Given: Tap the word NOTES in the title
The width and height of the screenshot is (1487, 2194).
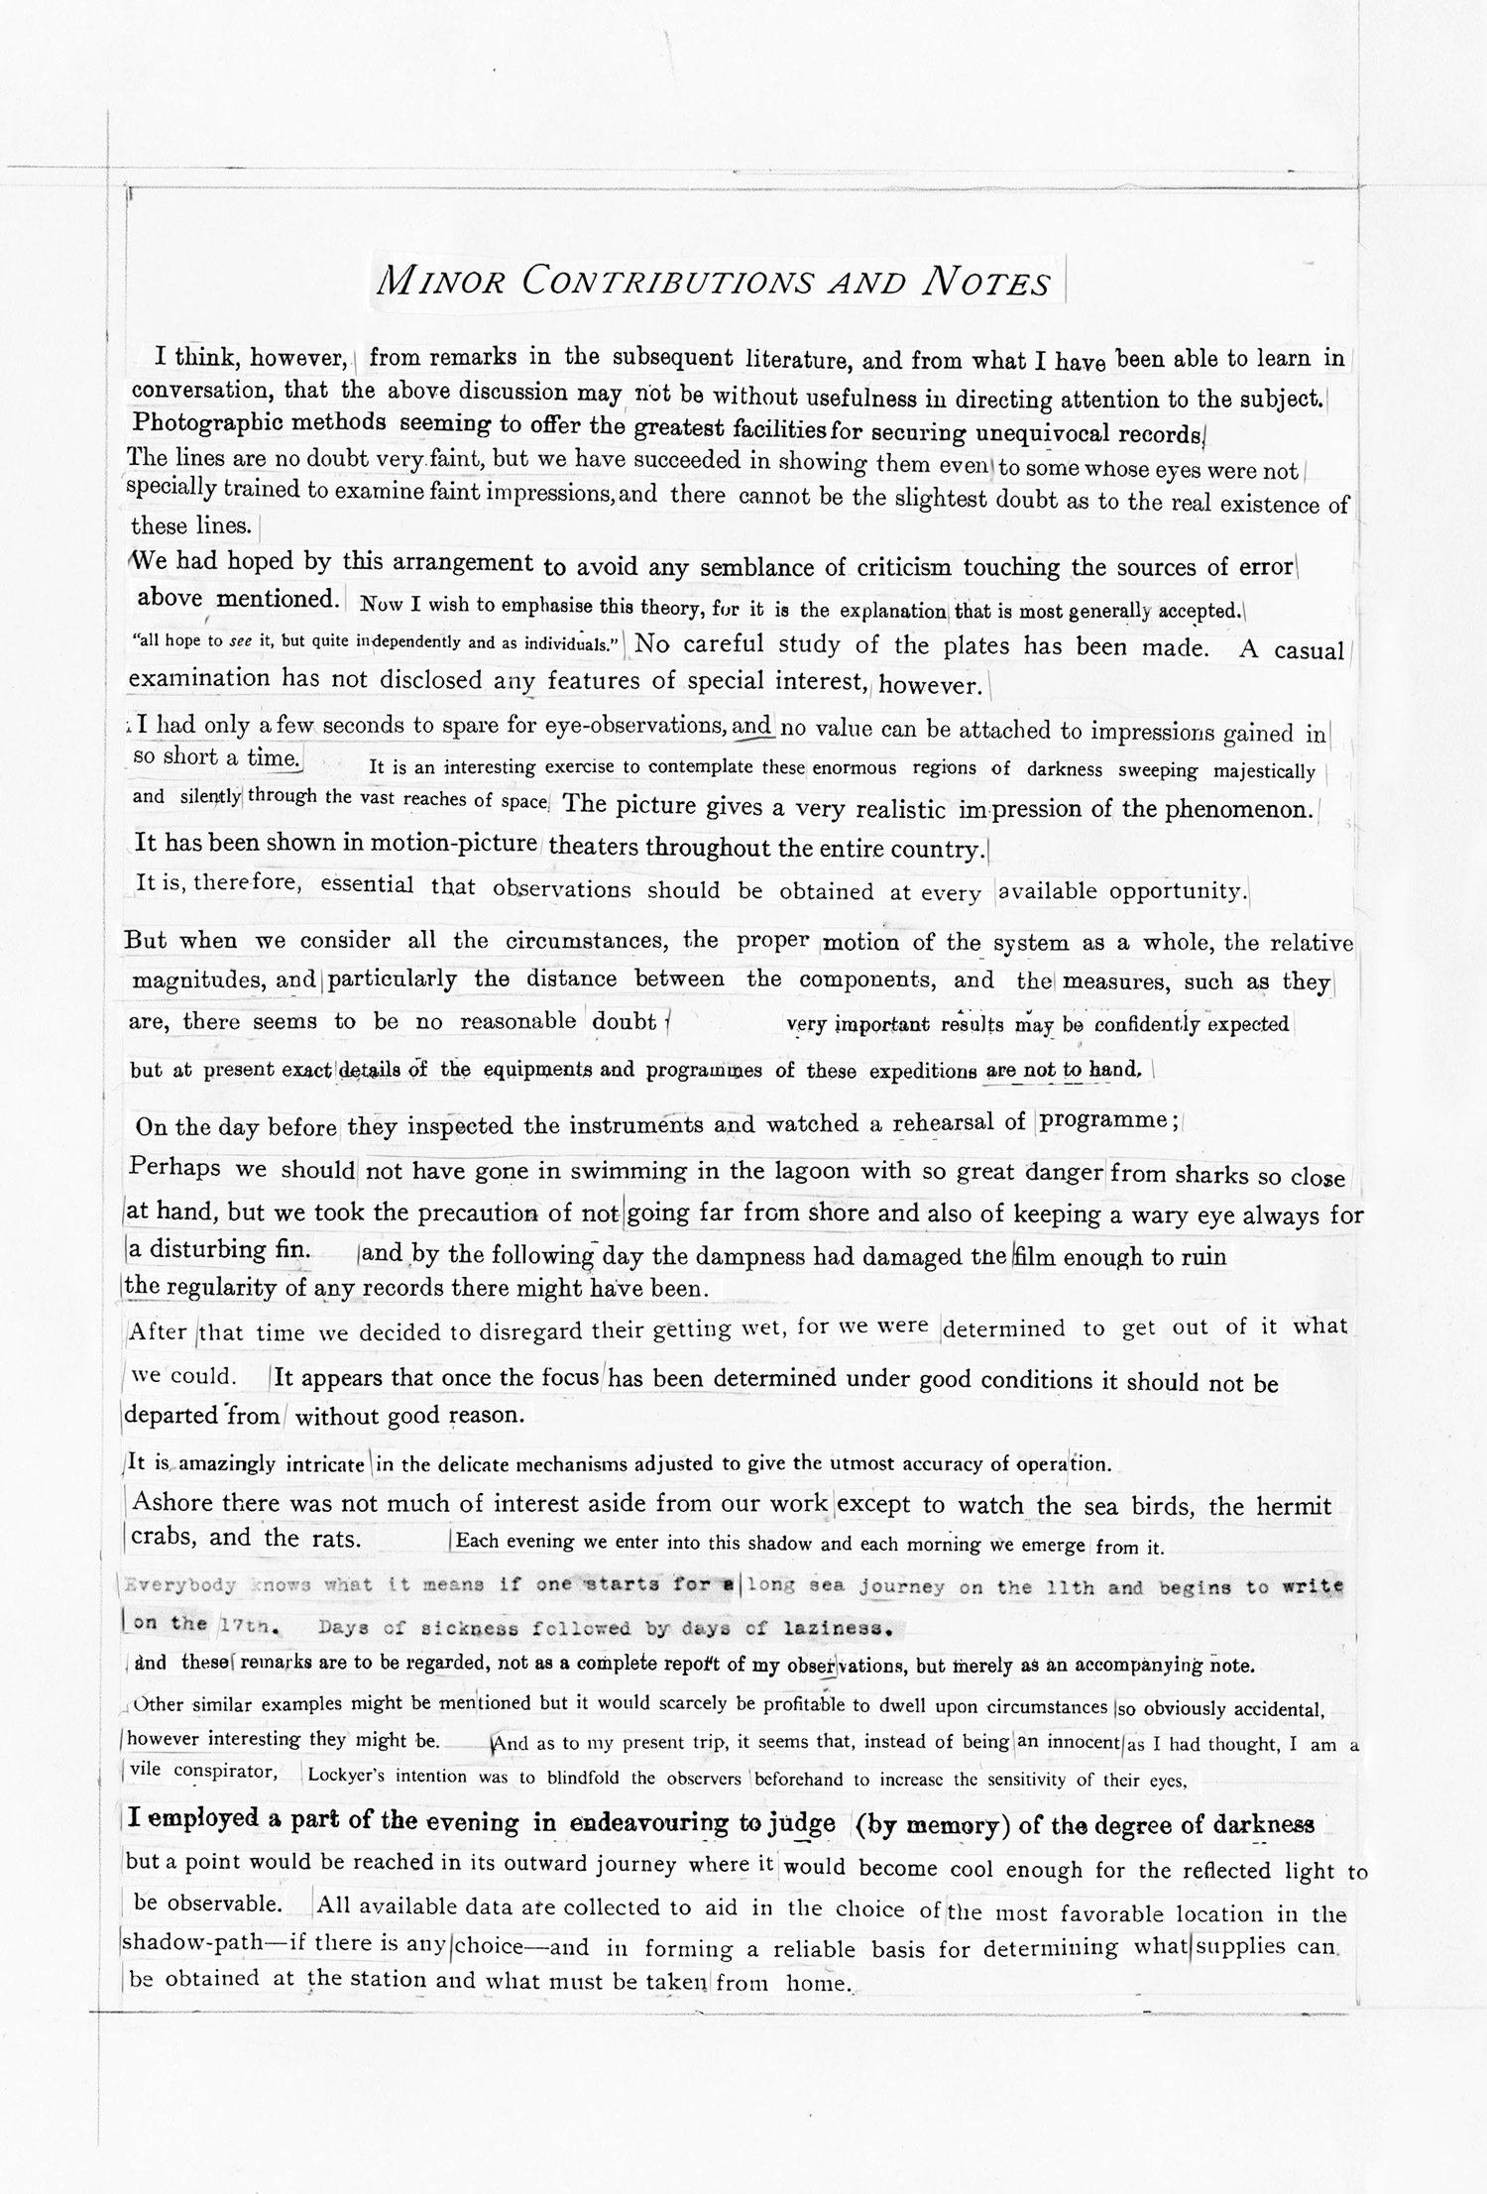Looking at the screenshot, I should coord(985,283).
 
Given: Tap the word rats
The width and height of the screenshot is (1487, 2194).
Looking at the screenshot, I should coord(331,1538).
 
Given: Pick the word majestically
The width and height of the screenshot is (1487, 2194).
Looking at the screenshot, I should coord(1260,770).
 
